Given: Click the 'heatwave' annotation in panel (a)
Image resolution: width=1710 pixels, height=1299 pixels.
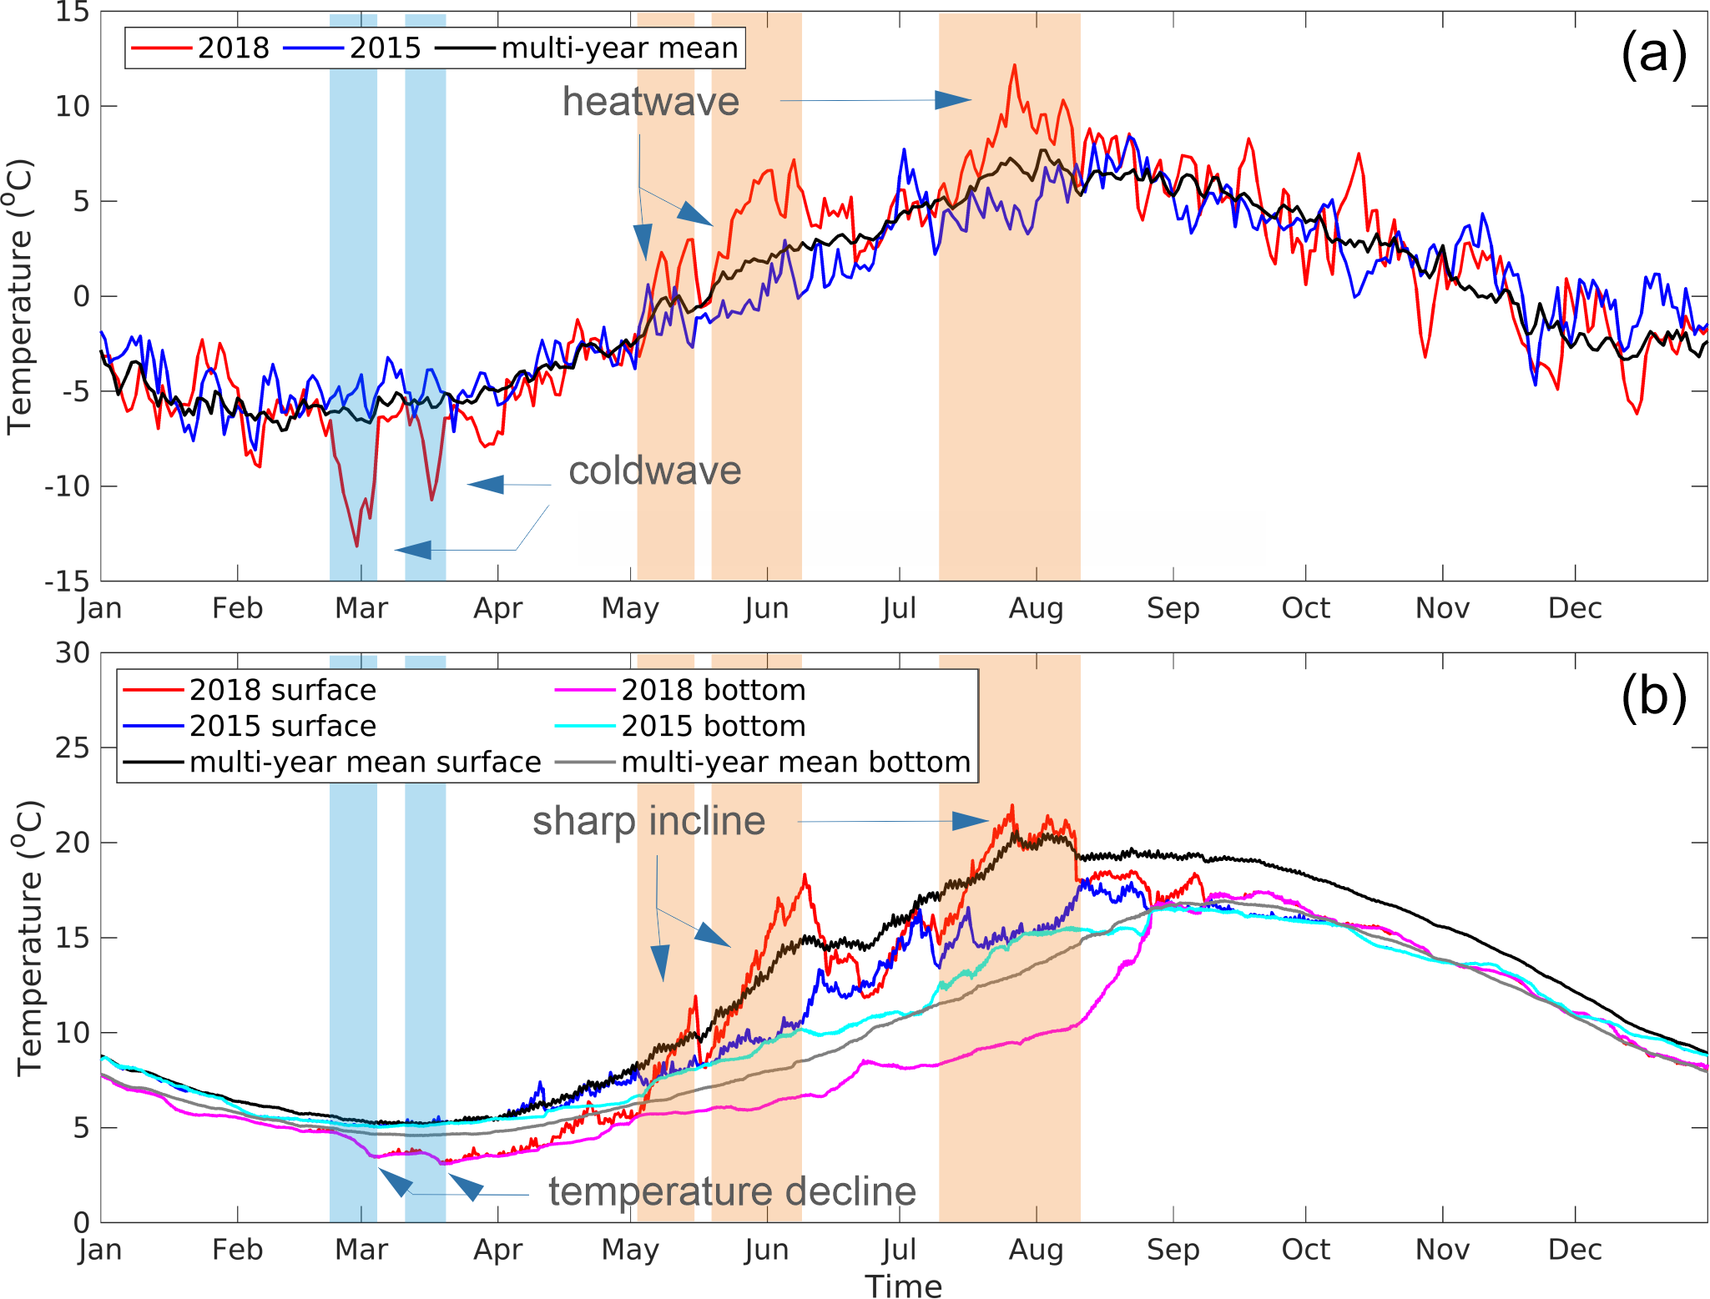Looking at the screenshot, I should pyautogui.click(x=650, y=102).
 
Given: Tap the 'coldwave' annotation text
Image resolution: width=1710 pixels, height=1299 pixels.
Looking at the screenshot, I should pyautogui.click(x=654, y=471).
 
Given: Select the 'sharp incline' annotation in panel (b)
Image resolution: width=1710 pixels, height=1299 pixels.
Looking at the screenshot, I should pyautogui.click(x=648, y=821).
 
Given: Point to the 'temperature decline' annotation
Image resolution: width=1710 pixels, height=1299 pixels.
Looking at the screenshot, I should pyautogui.click(x=732, y=1191).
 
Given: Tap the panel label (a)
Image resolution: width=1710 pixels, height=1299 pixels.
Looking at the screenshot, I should pyautogui.click(x=1653, y=55).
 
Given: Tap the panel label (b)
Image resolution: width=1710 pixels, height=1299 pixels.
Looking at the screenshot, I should pyautogui.click(x=1653, y=697).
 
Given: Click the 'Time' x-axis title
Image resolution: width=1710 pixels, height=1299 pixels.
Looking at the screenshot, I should pyautogui.click(x=903, y=1286).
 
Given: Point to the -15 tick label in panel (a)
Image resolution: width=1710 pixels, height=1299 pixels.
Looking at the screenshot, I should pyautogui.click(x=67, y=581).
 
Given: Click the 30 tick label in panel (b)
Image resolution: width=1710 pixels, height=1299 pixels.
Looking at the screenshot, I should pyautogui.click(x=73, y=653).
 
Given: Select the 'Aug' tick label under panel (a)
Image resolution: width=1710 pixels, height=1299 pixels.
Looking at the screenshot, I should pyautogui.click(x=1036, y=608).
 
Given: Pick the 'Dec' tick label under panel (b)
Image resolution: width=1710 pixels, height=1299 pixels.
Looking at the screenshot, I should pyautogui.click(x=1574, y=1250).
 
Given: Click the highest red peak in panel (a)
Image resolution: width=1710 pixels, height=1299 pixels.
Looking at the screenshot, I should pyautogui.click(x=1014, y=65).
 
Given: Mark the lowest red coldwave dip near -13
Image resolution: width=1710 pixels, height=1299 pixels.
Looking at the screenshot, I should pyautogui.click(x=357, y=546).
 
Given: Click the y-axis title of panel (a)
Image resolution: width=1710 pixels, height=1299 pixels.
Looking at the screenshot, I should pyautogui.click(x=20, y=296).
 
